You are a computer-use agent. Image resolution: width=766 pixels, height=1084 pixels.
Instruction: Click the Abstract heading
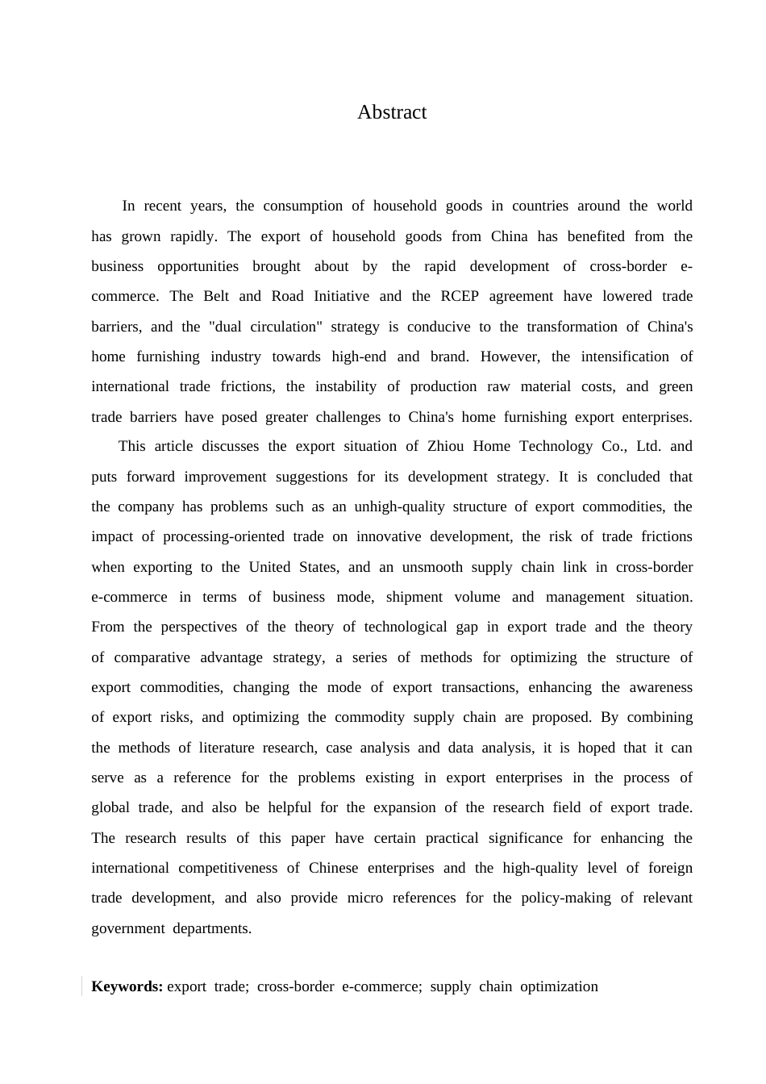coord(392,112)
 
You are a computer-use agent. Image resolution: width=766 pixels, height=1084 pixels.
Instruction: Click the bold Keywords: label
coord(127,986)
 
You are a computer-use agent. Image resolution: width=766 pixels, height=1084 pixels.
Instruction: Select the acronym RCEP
coord(460,296)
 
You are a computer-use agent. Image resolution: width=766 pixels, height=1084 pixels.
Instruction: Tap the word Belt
coord(216,296)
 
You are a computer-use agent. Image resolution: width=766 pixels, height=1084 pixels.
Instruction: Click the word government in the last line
coord(127,928)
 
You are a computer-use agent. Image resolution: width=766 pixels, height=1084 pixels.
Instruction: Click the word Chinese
coord(334,868)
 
